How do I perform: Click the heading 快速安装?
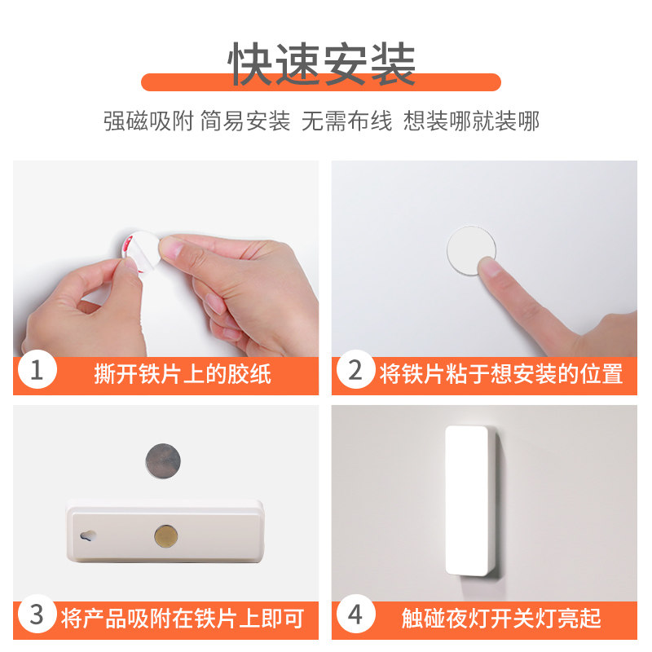pyautogui.click(x=321, y=64)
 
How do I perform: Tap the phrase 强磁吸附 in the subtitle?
pyautogui.click(x=148, y=121)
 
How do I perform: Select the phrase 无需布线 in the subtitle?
pyautogui.click(x=346, y=121)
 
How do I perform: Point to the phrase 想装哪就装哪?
pyautogui.click(x=471, y=121)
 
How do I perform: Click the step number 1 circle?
pyautogui.click(x=37, y=369)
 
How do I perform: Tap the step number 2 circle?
pyautogui.click(x=355, y=369)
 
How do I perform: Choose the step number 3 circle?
pyautogui.click(x=37, y=614)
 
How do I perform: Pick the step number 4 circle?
pyautogui.click(x=355, y=614)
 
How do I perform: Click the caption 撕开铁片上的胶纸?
pyautogui.click(x=183, y=374)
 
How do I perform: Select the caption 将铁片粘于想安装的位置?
pyautogui.click(x=501, y=374)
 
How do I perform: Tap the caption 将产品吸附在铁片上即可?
pyautogui.click(x=183, y=619)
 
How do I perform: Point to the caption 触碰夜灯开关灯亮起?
pyautogui.click(x=501, y=619)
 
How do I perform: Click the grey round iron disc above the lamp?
pyautogui.click(x=163, y=460)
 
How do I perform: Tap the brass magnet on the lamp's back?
pyautogui.click(x=166, y=536)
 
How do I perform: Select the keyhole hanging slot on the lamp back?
pyautogui.click(x=88, y=536)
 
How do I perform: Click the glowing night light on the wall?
pyautogui.click(x=466, y=500)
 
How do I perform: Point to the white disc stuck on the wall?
pyautogui.click(x=471, y=250)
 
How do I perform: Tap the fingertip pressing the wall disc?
pyautogui.click(x=490, y=267)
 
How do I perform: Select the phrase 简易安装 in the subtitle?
pyautogui.click(x=245, y=121)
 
